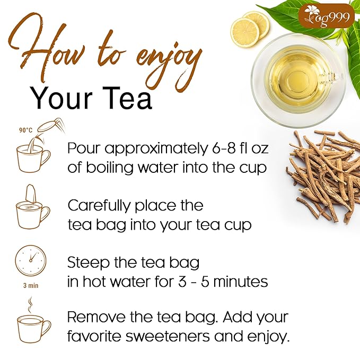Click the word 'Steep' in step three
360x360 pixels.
click(x=86, y=262)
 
